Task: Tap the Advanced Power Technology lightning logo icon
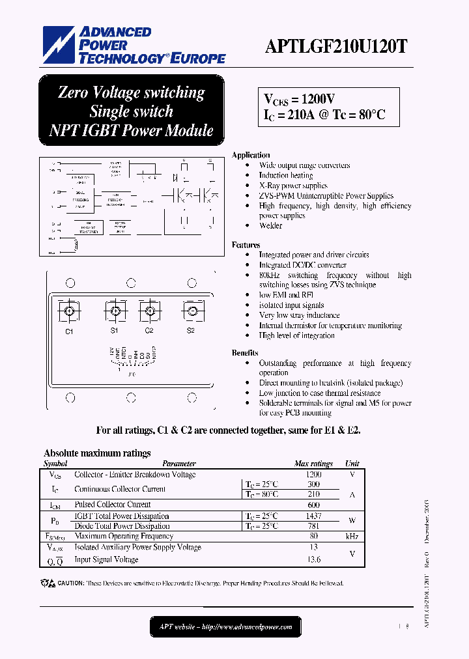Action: point(59,45)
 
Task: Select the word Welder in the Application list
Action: point(270,226)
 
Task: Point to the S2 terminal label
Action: point(191,331)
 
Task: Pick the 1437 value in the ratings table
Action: point(313,516)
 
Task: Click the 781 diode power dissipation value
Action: point(313,526)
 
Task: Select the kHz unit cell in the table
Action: point(352,536)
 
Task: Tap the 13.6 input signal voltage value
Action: point(313,559)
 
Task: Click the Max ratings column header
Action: point(313,464)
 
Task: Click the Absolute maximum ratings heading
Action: point(97,453)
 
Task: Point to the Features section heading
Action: point(246,245)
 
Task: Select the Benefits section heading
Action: point(245,352)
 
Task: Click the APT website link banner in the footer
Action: point(226,627)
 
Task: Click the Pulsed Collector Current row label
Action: point(113,505)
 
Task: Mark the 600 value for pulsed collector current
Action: point(313,505)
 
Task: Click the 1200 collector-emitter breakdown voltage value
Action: point(313,475)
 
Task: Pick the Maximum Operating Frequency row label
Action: point(124,536)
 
